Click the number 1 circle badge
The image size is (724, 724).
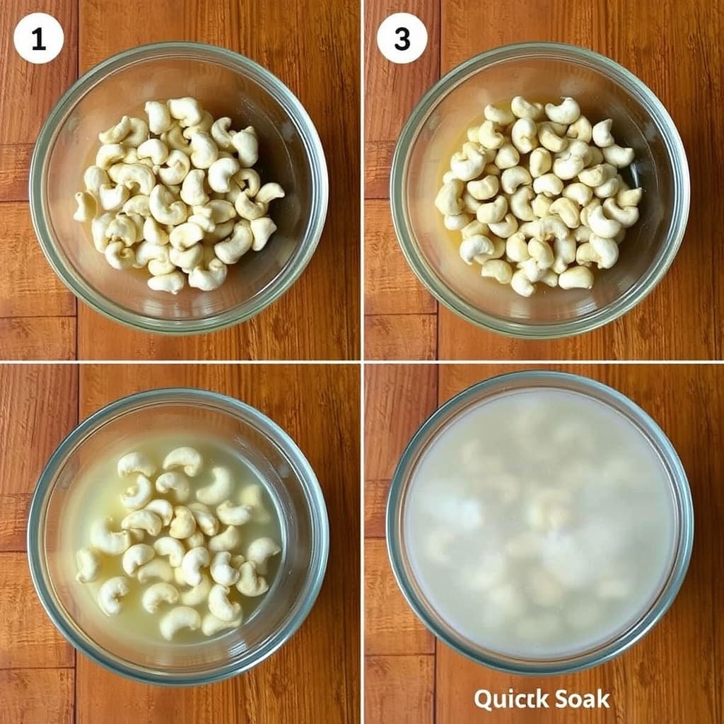(x=38, y=38)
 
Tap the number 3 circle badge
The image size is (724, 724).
(x=402, y=38)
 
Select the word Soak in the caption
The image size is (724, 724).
(x=583, y=699)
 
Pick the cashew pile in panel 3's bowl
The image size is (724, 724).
(x=538, y=196)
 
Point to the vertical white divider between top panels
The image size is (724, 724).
(x=362, y=180)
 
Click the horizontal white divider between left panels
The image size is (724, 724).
(x=180, y=362)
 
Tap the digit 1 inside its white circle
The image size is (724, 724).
(x=39, y=40)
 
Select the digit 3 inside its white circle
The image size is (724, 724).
(x=402, y=40)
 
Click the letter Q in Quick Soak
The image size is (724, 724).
(x=484, y=700)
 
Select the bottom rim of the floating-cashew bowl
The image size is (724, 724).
(x=177, y=679)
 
